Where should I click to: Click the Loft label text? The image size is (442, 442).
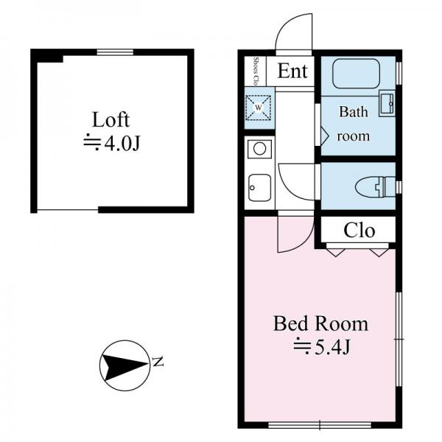[x=110, y=120]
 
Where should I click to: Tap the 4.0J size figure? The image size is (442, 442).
[x=122, y=144]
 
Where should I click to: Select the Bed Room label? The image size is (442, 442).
[x=320, y=324]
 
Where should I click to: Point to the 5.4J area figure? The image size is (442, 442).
[x=332, y=347]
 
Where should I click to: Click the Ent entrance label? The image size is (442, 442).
[x=292, y=71]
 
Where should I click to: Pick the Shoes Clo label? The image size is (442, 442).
[x=256, y=71]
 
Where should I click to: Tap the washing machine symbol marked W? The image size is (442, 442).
[x=259, y=108]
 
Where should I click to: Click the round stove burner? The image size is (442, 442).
[x=259, y=149]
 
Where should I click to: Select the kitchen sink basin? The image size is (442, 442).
[x=259, y=188]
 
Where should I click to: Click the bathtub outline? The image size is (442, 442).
[x=356, y=74]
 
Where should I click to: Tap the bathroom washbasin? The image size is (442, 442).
[x=387, y=103]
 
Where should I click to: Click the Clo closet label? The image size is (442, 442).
[x=359, y=231]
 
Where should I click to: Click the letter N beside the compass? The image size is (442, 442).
[x=158, y=362]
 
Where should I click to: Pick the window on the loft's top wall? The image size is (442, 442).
[x=115, y=52]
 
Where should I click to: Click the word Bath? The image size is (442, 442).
[x=354, y=112]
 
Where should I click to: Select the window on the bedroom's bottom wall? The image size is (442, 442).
[x=320, y=425]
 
